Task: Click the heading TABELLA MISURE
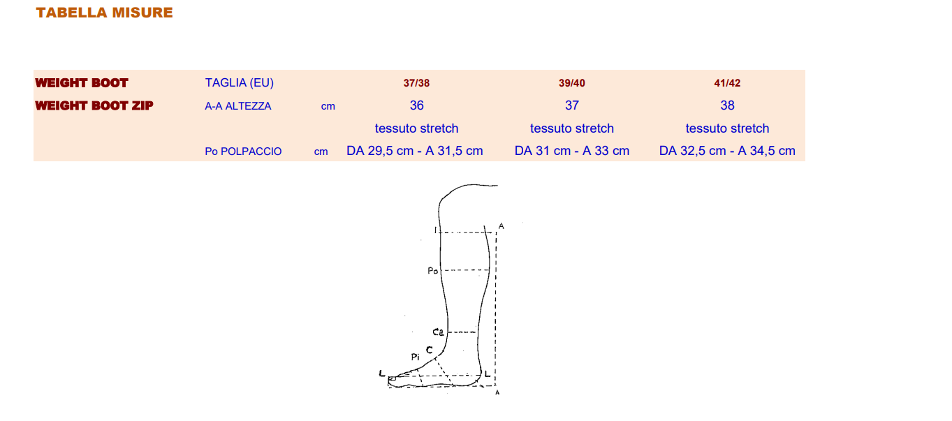tap(105, 13)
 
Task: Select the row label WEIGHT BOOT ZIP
tap(94, 105)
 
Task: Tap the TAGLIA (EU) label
tap(240, 83)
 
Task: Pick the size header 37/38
tap(416, 83)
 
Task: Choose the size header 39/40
tap(571, 83)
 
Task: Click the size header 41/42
tap(727, 83)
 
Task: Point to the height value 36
tap(416, 105)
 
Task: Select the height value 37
tap(571, 105)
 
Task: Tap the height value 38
tap(727, 105)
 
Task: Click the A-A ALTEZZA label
tap(238, 106)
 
